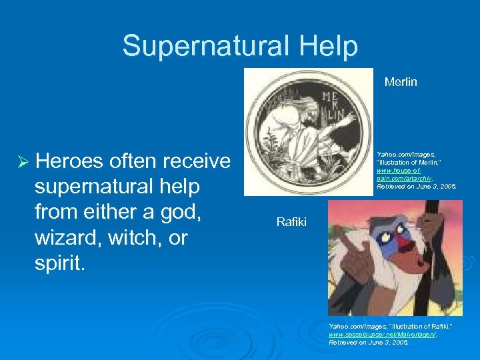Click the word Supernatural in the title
203,47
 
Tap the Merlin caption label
401,82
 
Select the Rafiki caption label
291,221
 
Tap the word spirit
59,263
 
